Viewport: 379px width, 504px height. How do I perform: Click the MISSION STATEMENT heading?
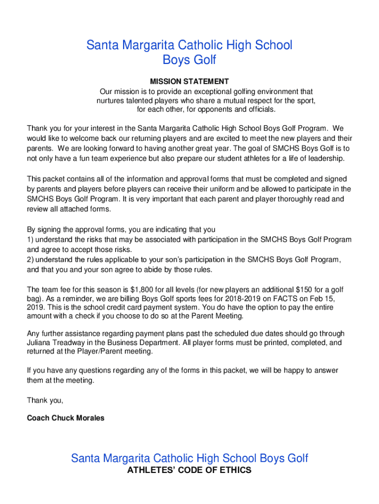click(x=189, y=81)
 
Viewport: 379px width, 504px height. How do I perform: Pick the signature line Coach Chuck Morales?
click(x=65, y=418)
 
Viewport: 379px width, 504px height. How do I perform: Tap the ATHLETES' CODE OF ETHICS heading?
click(x=189, y=470)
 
